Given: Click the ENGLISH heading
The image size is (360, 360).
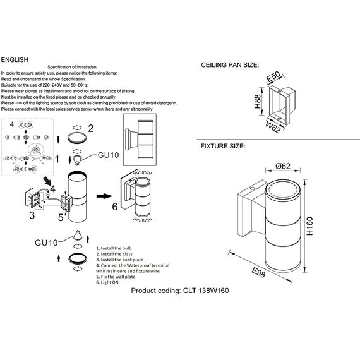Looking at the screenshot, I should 15,60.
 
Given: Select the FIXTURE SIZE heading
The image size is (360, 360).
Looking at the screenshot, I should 222,146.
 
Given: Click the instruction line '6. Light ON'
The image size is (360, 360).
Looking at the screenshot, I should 108,284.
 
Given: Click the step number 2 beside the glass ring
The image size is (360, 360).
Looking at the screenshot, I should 90,128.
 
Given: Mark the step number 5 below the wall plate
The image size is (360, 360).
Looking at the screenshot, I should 61,219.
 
